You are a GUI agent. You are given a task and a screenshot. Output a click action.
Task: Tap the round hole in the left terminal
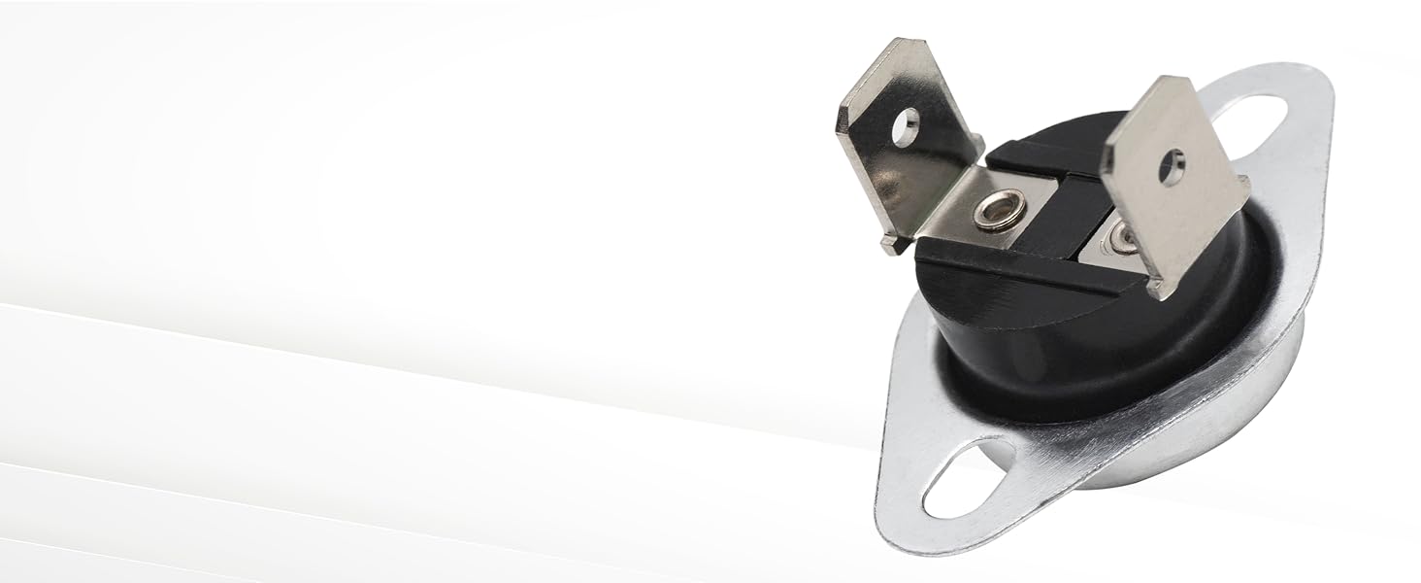(905, 122)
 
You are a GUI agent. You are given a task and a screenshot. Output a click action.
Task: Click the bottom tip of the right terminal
(1154, 289)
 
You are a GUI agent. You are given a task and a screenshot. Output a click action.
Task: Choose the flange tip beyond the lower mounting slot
(898, 525)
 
